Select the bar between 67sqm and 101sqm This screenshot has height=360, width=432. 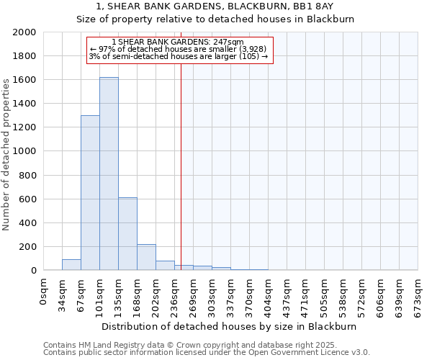pos(90,193)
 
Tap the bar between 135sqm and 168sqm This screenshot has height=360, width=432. pos(127,234)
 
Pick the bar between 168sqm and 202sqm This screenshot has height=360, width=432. pos(146,257)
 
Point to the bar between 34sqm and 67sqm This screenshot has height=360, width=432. pos(71,264)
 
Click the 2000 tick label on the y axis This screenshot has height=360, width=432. pos(25,32)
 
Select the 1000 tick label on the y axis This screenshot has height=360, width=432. pos(25,151)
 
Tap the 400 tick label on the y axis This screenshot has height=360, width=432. pos(28,223)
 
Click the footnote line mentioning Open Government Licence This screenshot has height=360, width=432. pos(207,352)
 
